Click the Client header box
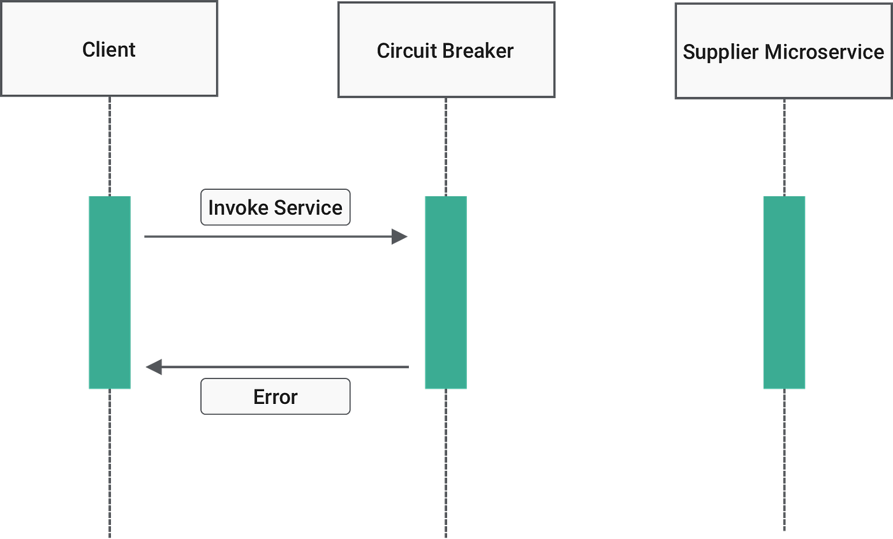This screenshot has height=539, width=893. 109,50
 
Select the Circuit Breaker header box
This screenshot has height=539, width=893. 446,50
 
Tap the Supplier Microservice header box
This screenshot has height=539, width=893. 783,52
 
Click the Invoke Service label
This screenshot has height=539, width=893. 275,207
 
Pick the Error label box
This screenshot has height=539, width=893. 275,397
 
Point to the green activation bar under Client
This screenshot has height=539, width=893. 110,292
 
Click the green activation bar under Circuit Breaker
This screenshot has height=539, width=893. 446,292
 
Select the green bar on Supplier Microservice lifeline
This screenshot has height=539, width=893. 785,292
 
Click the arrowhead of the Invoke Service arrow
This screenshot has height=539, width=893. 401,236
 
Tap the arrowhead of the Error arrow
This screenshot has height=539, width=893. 154,367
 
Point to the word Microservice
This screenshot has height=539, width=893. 824,52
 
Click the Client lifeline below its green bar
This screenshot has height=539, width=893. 110,465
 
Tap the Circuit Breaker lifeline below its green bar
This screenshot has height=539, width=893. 446,465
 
